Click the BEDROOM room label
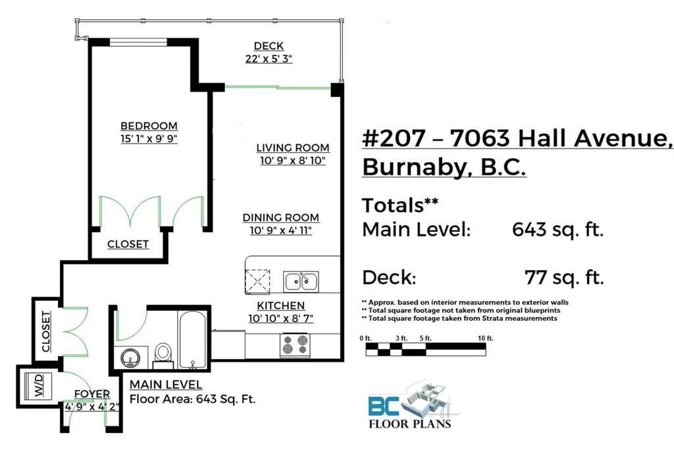[x=149, y=126]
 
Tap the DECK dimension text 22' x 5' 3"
[x=269, y=59]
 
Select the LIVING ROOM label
[x=293, y=148]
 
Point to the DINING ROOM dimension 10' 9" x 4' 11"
[x=280, y=230]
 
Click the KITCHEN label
[x=280, y=306]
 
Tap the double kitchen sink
[x=301, y=282]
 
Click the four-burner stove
[x=295, y=345]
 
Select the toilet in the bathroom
[x=163, y=355]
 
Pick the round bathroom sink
[x=130, y=358]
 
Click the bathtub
[x=193, y=339]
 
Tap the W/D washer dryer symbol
[x=38, y=385]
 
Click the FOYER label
[x=92, y=394]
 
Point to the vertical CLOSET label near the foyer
[x=45, y=331]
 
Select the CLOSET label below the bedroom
[x=128, y=244]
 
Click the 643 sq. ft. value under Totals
[x=557, y=229]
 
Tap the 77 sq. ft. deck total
[x=564, y=277]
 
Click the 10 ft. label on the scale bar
[x=485, y=338]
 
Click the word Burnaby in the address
[x=415, y=167]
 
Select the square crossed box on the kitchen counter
[x=257, y=282]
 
